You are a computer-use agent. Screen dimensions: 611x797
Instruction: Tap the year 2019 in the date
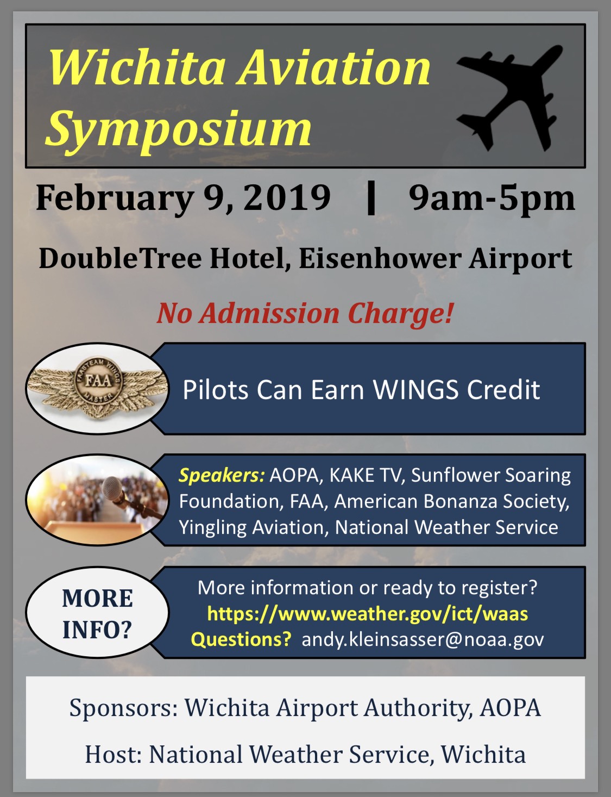[287, 197]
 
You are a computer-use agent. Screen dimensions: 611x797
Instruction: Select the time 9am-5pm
[492, 198]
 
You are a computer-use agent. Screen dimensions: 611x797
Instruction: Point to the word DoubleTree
[120, 258]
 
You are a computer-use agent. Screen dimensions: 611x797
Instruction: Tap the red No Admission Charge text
[305, 314]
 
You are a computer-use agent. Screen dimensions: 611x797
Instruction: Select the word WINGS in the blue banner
[415, 389]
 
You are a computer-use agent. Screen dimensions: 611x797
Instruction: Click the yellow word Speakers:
[222, 476]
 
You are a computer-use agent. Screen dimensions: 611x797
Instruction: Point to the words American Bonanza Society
[452, 501]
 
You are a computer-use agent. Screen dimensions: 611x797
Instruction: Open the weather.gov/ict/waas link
[368, 614]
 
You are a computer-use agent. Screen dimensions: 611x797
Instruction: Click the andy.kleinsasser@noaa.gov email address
[423, 640]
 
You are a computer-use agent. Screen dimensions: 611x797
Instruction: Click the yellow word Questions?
[241, 640]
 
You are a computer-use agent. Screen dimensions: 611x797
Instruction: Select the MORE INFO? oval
[97, 613]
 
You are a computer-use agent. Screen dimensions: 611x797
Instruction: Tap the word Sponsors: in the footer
[124, 708]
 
